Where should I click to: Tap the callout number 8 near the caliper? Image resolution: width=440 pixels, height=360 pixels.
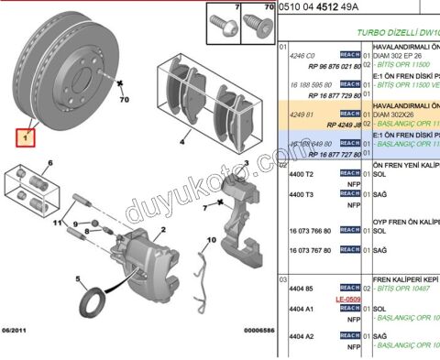[86, 234]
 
